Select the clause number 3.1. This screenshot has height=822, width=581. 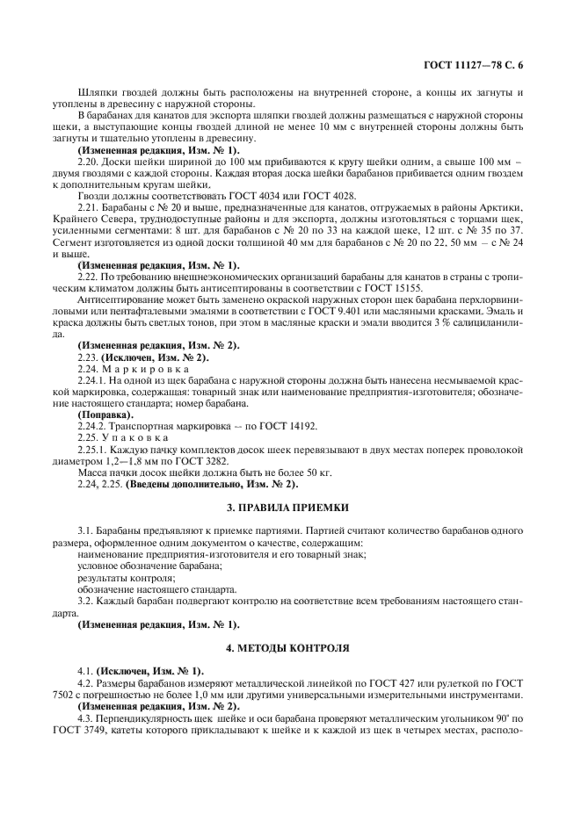(x=87, y=531)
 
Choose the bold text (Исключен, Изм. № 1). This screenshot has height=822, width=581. (x=150, y=670)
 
